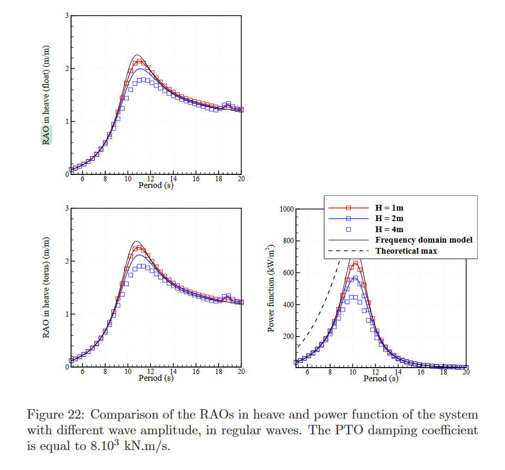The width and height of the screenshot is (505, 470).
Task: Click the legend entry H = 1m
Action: click(389, 207)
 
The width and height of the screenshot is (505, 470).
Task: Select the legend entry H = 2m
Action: click(389, 218)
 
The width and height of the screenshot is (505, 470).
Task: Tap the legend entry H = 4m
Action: click(389, 229)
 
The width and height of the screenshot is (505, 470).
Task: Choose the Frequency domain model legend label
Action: click(424, 240)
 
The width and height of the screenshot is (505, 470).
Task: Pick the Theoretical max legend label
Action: click(406, 251)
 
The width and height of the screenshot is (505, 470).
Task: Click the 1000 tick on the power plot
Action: click(286, 210)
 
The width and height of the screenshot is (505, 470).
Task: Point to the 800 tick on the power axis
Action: click(288, 242)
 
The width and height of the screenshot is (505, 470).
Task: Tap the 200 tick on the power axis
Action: click(288, 337)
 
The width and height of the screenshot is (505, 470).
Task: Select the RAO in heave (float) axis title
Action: click(47, 95)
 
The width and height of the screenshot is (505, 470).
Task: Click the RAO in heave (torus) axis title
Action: click(47, 287)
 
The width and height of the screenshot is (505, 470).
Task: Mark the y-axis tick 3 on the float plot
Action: click(67, 16)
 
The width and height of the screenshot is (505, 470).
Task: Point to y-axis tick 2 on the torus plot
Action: click(67, 262)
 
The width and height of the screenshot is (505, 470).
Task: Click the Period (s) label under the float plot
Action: click(156, 185)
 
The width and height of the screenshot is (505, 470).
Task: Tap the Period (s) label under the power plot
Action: click(380, 378)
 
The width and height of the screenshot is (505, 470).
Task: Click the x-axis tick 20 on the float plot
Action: click(241, 179)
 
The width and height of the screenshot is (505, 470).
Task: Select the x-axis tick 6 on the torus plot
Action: click(83, 372)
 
